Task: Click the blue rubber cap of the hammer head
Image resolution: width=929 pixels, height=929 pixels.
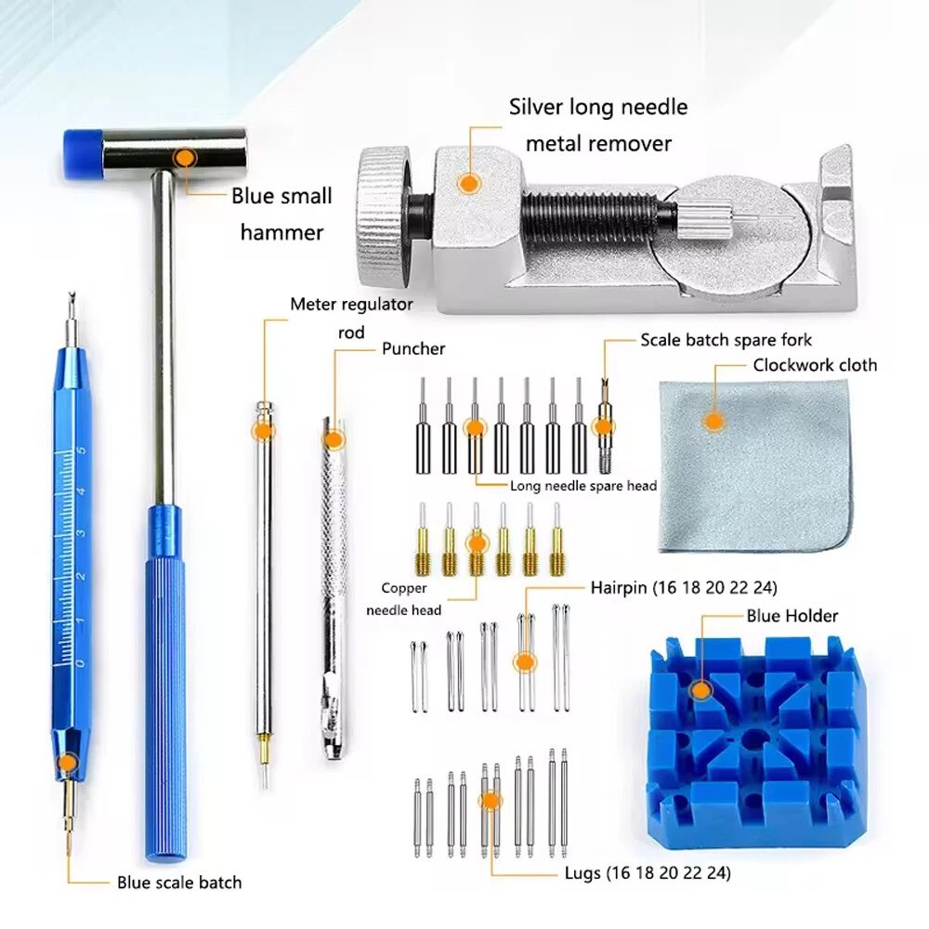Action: pos(83,153)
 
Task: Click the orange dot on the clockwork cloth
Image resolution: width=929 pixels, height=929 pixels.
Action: pos(714,421)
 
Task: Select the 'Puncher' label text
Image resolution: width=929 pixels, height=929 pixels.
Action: pos(413,348)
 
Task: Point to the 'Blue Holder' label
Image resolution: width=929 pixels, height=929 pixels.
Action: pos(792,616)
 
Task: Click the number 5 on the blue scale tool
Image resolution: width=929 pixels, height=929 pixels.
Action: pos(81,451)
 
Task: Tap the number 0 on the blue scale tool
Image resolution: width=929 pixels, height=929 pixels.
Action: pos(80,663)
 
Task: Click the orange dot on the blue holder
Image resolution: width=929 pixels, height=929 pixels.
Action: pos(701,689)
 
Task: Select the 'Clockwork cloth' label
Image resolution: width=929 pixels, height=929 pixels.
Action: pos(815,365)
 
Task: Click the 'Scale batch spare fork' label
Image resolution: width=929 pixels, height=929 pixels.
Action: pos(726,339)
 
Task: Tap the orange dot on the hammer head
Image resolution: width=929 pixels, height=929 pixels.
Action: pos(186,158)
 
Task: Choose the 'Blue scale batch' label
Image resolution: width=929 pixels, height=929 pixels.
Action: pos(179,883)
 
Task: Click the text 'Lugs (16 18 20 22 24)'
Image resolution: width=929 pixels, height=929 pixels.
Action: pos(648,872)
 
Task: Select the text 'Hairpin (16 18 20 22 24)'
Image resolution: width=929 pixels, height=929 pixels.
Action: pos(684,587)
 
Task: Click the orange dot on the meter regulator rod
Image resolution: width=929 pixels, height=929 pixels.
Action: pos(264,431)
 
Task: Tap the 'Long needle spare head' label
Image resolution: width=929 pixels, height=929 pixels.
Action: pos(583,486)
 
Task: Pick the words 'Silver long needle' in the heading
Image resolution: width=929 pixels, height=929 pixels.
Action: pos(598,107)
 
